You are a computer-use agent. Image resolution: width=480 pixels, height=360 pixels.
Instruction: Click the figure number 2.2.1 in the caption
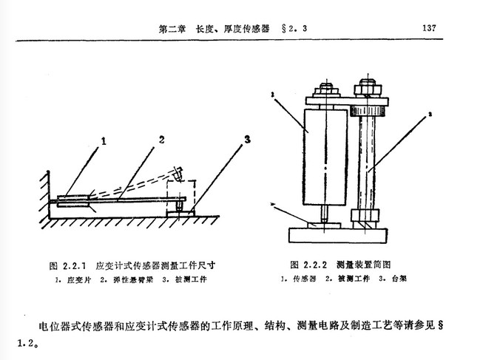(73, 264)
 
